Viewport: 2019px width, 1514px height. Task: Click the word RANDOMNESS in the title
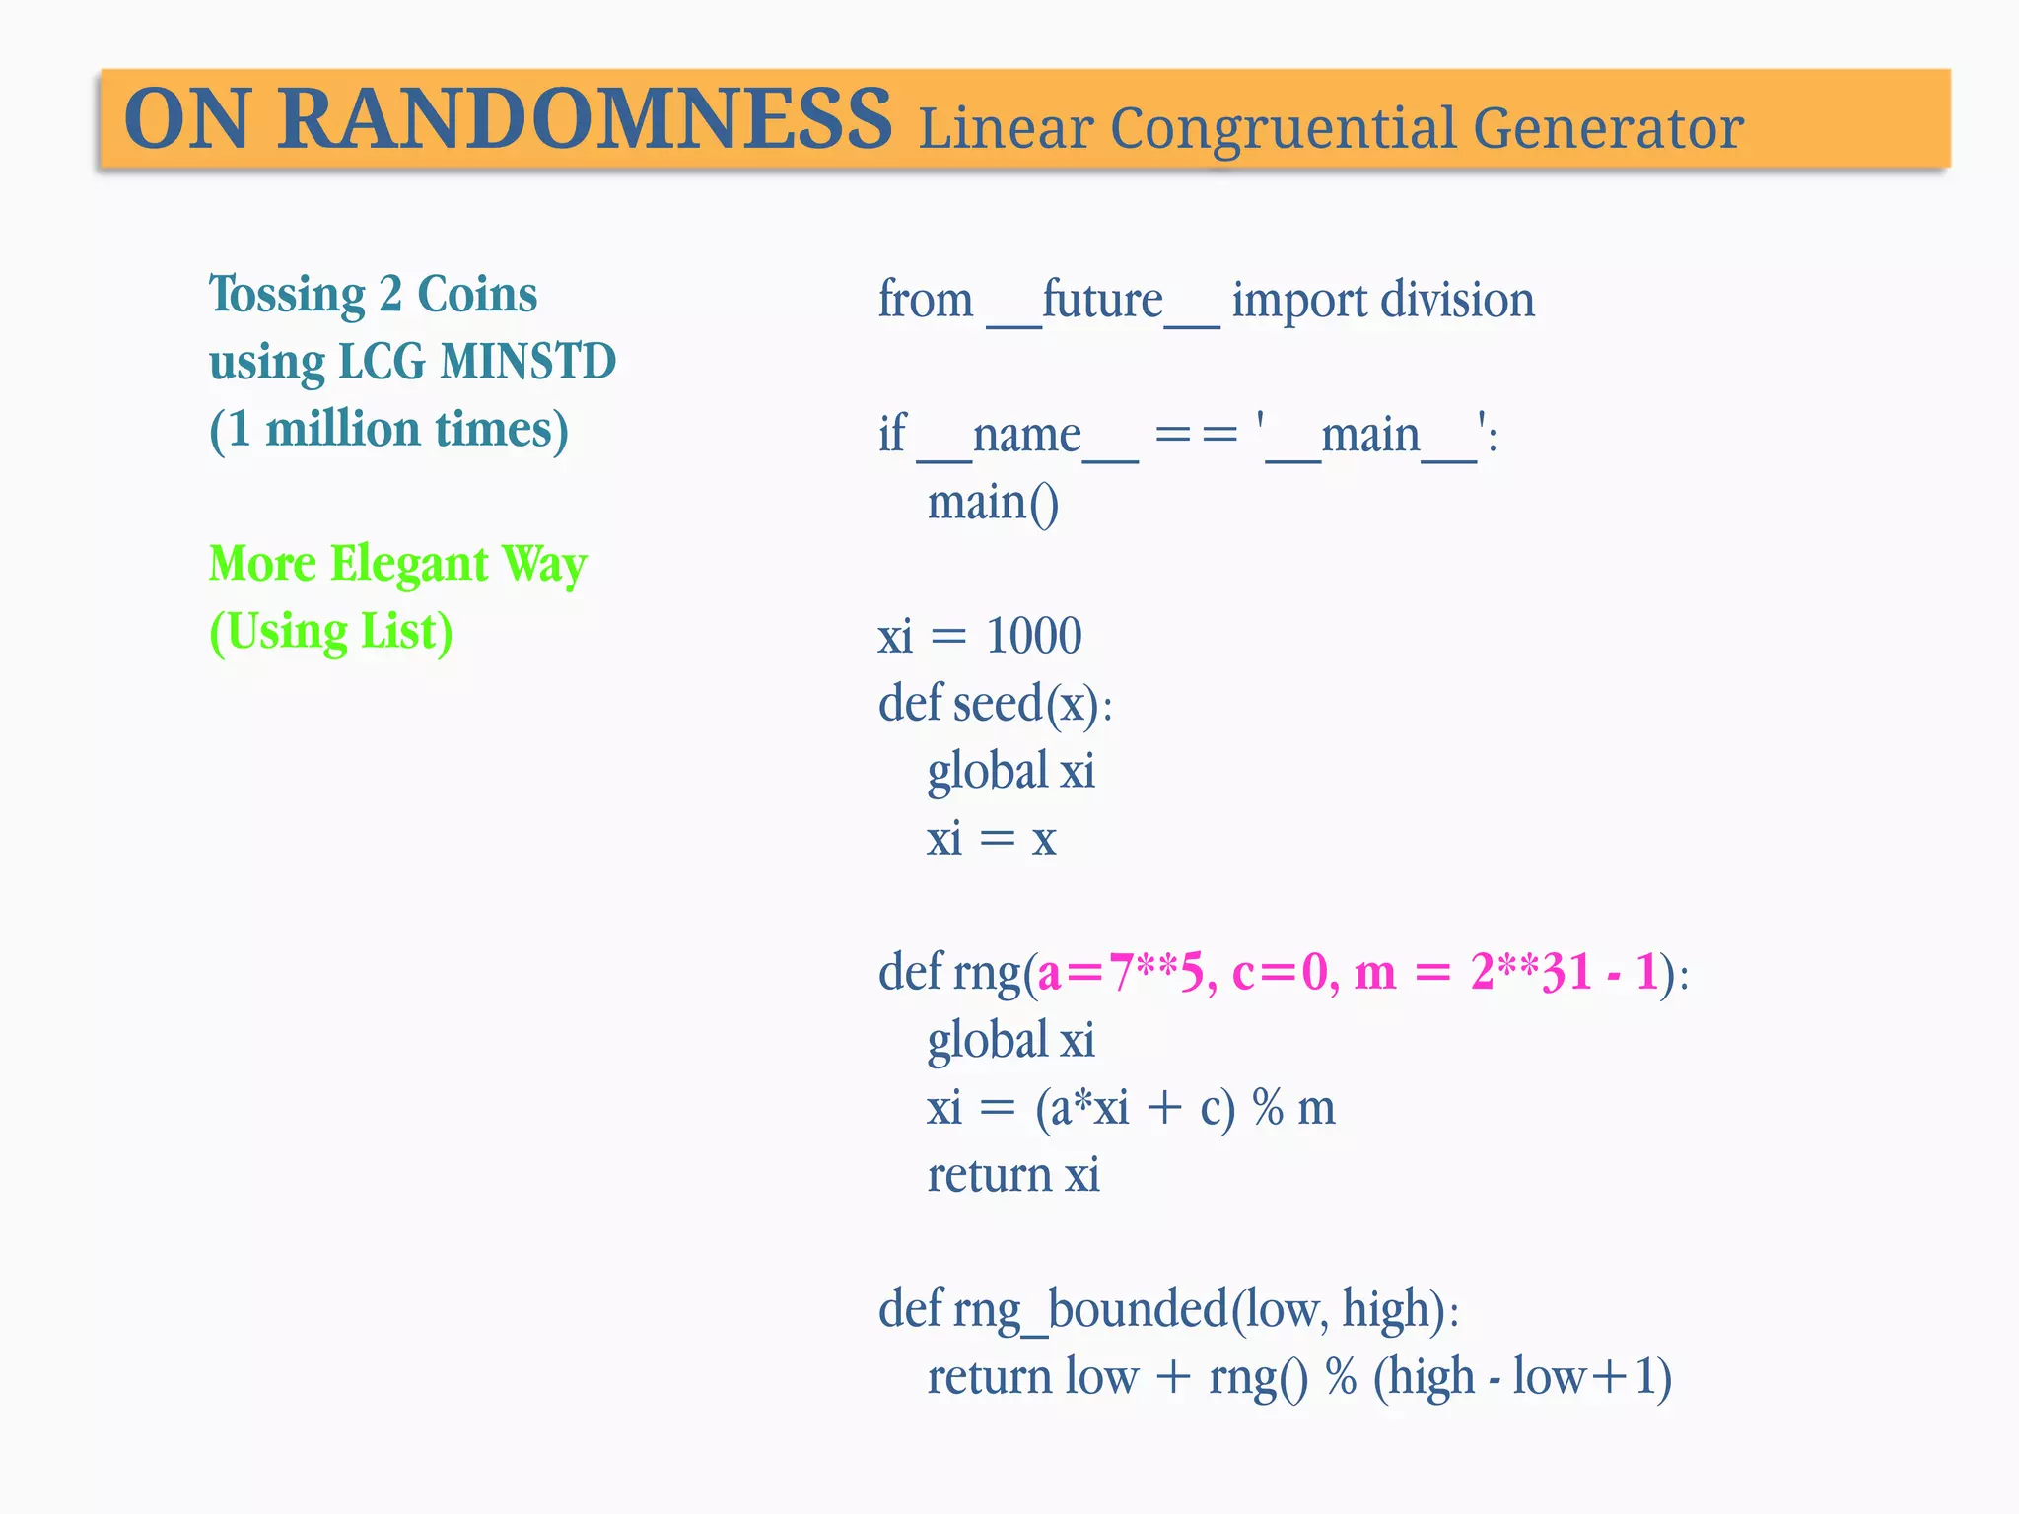click(x=584, y=120)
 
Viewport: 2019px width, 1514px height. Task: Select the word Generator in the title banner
click(x=1608, y=129)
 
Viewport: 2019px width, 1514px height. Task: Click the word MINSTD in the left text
click(x=527, y=362)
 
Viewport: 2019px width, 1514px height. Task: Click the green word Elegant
click(x=409, y=565)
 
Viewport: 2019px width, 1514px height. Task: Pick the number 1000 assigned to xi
click(x=1033, y=636)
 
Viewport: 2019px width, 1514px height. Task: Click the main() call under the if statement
click(x=993, y=503)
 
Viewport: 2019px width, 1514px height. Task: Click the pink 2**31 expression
click(x=1530, y=973)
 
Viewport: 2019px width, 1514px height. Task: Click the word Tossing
click(x=287, y=295)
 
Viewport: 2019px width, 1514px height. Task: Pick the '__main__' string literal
click(x=1370, y=436)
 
